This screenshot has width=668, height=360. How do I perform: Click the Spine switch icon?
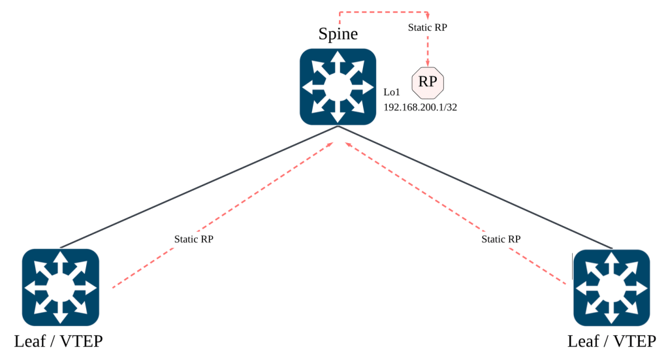(x=338, y=87)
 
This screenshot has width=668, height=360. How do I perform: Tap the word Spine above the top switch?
(x=338, y=33)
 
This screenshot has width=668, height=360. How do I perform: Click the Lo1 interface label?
(x=392, y=93)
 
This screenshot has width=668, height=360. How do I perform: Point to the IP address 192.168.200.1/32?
(x=420, y=107)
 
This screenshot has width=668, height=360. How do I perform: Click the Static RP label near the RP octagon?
(x=428, y=27)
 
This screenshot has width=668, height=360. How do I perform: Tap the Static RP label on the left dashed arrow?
(x=193, y=239)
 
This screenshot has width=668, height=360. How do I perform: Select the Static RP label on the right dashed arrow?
(x=501, y=239)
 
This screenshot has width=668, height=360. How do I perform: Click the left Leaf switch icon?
(x=61, y=287)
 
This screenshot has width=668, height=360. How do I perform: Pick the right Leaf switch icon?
(x=612, y=287)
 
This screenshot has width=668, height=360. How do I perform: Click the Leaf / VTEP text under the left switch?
(x=59, y=341)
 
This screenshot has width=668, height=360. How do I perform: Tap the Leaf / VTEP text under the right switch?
(x=612, y=341)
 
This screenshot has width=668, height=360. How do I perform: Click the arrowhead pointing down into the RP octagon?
(x=428, y=64)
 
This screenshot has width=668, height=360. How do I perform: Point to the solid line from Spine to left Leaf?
(x=196, y=188)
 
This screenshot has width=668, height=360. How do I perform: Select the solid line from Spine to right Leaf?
(x=477, y=188)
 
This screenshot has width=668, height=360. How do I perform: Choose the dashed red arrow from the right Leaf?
(x=522, y=255)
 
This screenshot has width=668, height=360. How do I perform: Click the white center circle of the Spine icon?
(x=338, y=87)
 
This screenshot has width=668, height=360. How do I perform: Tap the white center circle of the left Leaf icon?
(x=61, y=287)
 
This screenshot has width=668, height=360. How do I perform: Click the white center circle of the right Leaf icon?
(x=612, y=287)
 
